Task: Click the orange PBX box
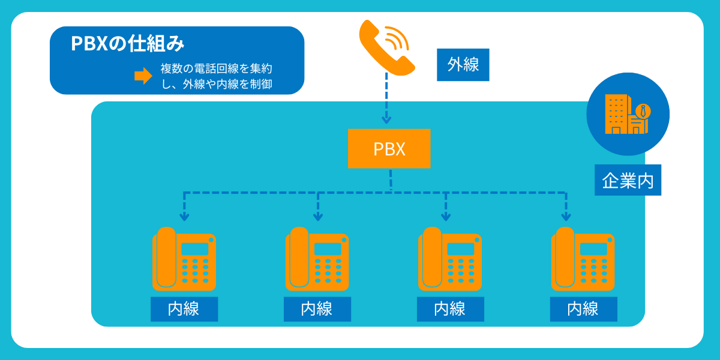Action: [389, 149]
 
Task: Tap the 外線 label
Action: [463, 65]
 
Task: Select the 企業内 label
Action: [628, 180]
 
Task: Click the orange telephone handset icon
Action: [386, 47]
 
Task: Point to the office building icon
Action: [627, 114]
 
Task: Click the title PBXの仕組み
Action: [127, 44]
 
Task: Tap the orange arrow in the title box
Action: [143, 76]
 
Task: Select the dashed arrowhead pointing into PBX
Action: [386, 119]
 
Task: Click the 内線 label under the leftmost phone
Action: [184, 309]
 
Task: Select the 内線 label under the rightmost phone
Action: [583, 309]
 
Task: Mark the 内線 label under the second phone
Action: [317, 309]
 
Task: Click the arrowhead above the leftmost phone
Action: [185, 216]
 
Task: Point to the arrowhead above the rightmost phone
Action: [566, 216]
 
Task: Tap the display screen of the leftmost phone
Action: [194, 249]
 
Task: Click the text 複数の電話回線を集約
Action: [220, 69]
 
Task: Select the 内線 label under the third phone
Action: [450, 309]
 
